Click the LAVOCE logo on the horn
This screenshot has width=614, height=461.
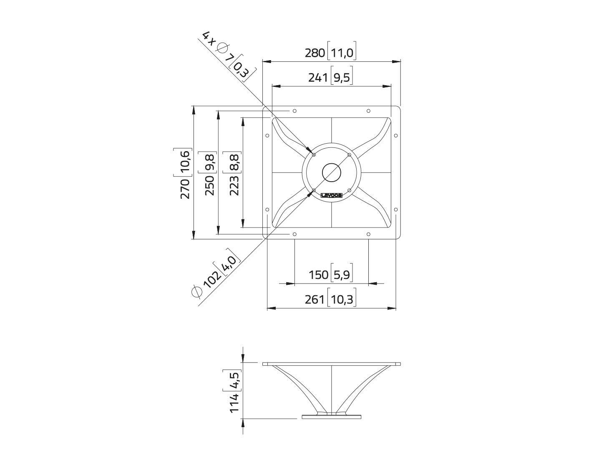pyautogui.click(x=331, y=195)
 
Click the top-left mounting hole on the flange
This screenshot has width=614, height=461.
pyautogui.click(x=294, y=111)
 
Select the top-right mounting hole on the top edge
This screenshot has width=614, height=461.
pyautogui.click(x=368, y=111)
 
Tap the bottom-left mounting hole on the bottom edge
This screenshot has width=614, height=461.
pyautogui.click(x=294, y=234)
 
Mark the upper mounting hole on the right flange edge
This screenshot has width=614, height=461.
pyautogui.click(x=396, y=135)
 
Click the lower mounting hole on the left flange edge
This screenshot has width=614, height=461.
pyautogui.click(x=267, y=210)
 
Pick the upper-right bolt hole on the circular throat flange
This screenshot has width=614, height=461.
pyautogui.click(x=350, y=155)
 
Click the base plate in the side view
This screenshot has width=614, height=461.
pyautogui.click(x=332, y=417)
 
